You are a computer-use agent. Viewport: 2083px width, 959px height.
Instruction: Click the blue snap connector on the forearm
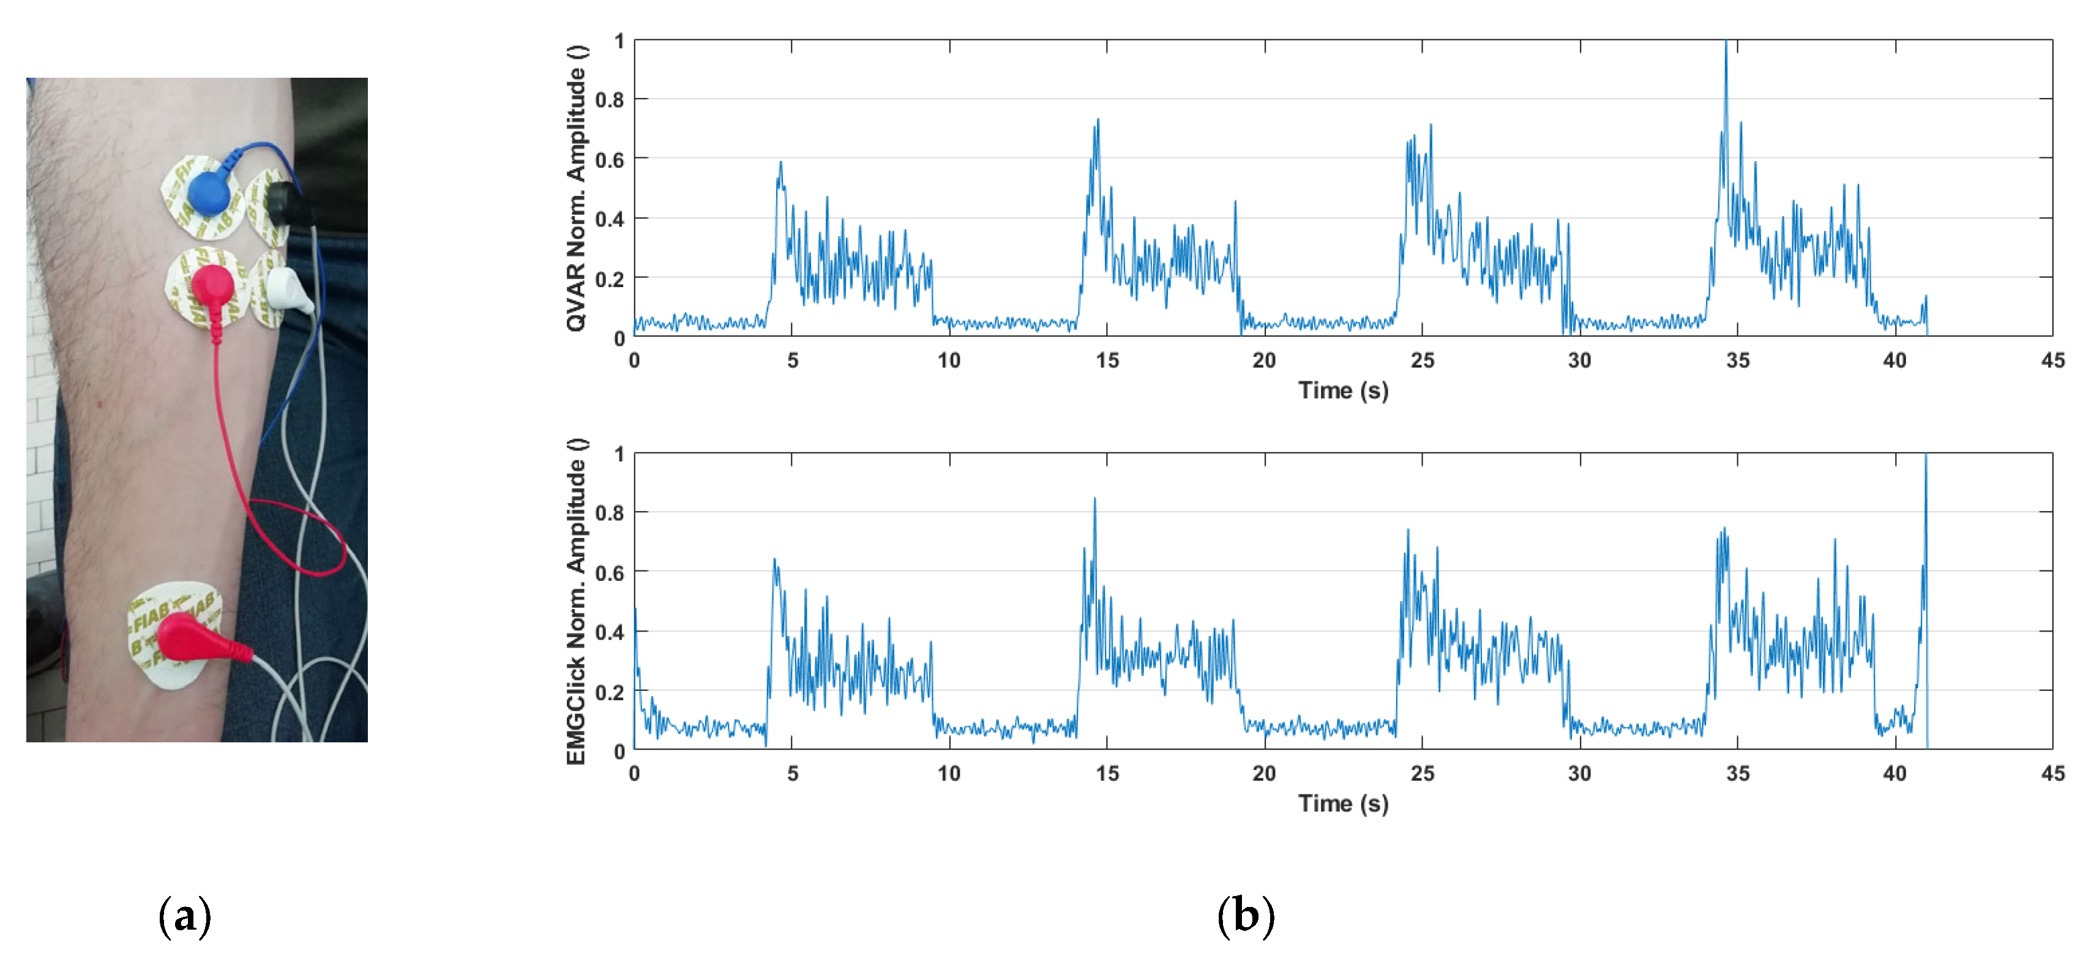(x=209, y=192)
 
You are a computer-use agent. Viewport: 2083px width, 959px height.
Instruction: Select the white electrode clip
(x=288, y=289)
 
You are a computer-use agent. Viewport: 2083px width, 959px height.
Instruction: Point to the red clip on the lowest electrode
(x=194, y=639)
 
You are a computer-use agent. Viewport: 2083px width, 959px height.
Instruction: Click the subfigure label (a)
(x=185, y=916)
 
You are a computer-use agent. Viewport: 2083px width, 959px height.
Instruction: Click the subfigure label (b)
(x=1245, y=916)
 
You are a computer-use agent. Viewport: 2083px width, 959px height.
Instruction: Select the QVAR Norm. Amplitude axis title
(x=576, y=188)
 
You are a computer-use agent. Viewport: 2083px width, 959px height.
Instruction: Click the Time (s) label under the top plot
(x=1343, y=390)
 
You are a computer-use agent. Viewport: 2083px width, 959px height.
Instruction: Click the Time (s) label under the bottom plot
(x=1343, y=804)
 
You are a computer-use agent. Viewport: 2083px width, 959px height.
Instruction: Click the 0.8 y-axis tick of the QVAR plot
(x=610, y=100)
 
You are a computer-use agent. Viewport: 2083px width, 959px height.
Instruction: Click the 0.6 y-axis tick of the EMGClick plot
(x=610, y=572)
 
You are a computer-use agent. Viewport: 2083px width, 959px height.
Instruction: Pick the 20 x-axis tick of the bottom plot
(x=1264, y=774)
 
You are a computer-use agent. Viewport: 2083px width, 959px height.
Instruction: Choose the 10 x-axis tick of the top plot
(x=949, y=360)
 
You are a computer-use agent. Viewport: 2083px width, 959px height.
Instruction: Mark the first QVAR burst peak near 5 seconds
(x=780, y=163)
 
